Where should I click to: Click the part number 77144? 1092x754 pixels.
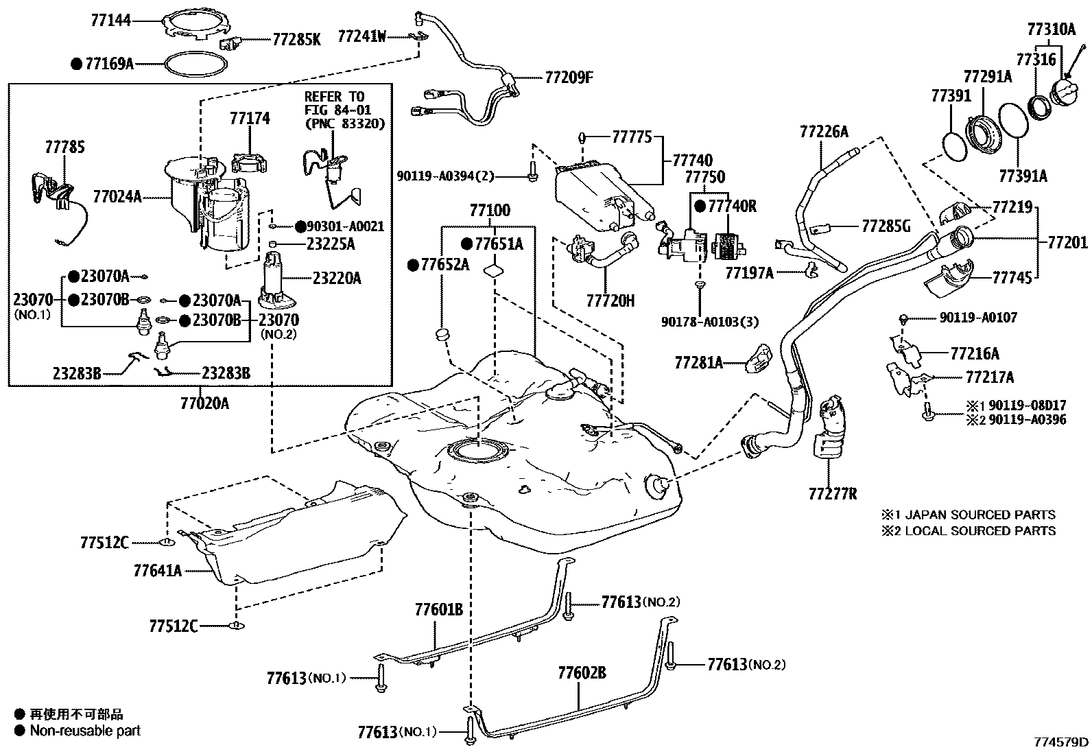pos(110,21)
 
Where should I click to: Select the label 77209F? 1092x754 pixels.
pos(569,78)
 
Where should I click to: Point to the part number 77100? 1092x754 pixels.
pos(490,211)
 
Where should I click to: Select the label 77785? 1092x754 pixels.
pos(65,147)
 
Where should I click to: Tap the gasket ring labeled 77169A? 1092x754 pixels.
pos(195,64)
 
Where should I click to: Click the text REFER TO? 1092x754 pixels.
pos(335,97)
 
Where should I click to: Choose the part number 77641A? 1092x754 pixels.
pos(158,570)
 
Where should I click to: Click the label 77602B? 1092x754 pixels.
pos(582,673)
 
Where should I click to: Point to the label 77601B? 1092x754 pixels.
pos(439,609)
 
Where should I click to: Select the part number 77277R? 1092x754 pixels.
pos(833,494)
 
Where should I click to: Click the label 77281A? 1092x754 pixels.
pos(698,362)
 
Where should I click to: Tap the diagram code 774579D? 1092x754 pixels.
pos(1061,742)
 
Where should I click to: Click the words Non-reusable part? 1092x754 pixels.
pos(85,731)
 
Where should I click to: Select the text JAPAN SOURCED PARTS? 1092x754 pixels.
pos(980,515)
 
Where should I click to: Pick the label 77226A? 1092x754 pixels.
pos(824,131)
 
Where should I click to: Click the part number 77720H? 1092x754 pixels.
pos(610,301)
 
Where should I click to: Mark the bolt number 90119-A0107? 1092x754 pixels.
pos(978,318)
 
